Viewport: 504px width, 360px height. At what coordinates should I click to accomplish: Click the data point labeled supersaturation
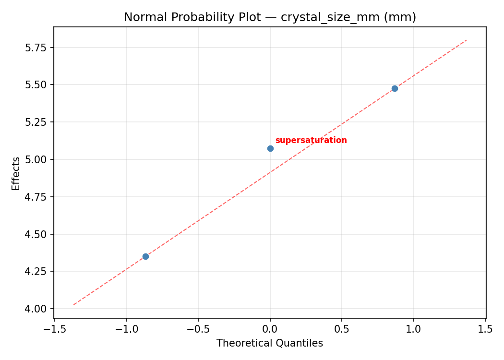pos(270,148)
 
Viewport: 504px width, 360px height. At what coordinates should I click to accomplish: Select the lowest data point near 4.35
pos(145,256)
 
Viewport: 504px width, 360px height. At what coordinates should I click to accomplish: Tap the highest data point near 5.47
pos(395,88)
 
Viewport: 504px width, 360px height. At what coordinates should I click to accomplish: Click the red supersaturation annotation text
pos(311,141)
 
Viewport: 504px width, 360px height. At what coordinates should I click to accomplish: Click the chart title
pos(270,17)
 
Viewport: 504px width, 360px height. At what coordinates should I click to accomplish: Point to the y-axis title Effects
pos(16,173)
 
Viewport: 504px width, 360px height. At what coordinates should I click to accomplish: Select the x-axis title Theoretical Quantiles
pos(270,343)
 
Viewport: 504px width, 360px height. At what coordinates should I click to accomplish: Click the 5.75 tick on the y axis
pos(37,48)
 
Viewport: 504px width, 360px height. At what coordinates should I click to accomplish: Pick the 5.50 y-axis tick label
pos(37,84)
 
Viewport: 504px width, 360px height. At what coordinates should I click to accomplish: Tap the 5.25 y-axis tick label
pos(37,122)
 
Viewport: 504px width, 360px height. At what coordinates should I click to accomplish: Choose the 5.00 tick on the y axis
pos(37,159)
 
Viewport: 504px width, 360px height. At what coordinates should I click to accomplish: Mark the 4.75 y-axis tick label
pos(37,197)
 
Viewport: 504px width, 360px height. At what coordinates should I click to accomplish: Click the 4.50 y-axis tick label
pos(37,234)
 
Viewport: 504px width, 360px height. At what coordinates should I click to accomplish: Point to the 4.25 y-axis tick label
pos(37,271)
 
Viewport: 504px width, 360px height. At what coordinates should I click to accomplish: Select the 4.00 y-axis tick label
pos(37,309)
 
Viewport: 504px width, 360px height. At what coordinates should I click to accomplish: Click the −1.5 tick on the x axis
pos(54,329)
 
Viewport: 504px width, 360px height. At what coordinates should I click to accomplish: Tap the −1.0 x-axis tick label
pos(126,329)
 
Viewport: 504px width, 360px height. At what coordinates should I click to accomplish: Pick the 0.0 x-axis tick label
pos(270,329)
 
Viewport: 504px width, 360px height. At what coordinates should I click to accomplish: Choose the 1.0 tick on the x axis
pos(413,329)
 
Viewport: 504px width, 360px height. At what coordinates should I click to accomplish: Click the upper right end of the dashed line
pos(466,40)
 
